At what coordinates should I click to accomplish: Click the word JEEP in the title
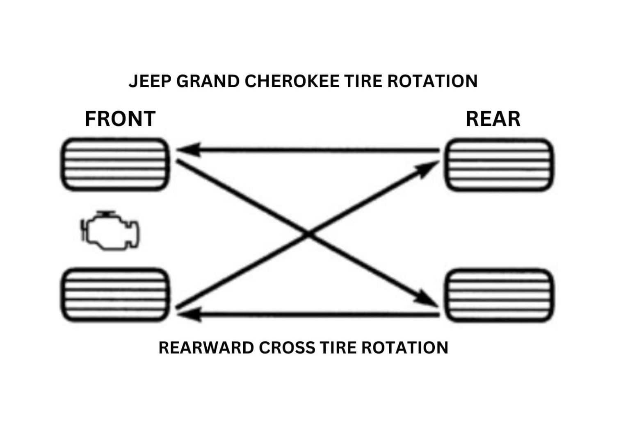coord(150,81)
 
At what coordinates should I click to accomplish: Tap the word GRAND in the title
coord(208,81)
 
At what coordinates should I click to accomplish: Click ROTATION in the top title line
coord(432,81)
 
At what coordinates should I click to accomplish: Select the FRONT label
coord(120,119)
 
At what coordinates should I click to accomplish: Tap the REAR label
coord(493,119)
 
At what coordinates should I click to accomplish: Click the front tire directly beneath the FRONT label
coord(115,165)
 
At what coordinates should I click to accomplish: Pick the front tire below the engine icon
coord(115,295)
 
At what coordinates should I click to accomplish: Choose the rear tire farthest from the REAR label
coord(499,295)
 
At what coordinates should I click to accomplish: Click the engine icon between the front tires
coord(110,231)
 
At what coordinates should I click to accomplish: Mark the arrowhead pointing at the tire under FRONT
coord(189,150)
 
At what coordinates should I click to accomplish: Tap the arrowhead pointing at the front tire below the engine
coord(189,315)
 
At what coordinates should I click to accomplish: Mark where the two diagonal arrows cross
coord(308,234)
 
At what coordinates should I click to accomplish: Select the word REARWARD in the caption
coord(205,348)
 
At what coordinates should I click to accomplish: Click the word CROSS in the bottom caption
coord(288,348)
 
